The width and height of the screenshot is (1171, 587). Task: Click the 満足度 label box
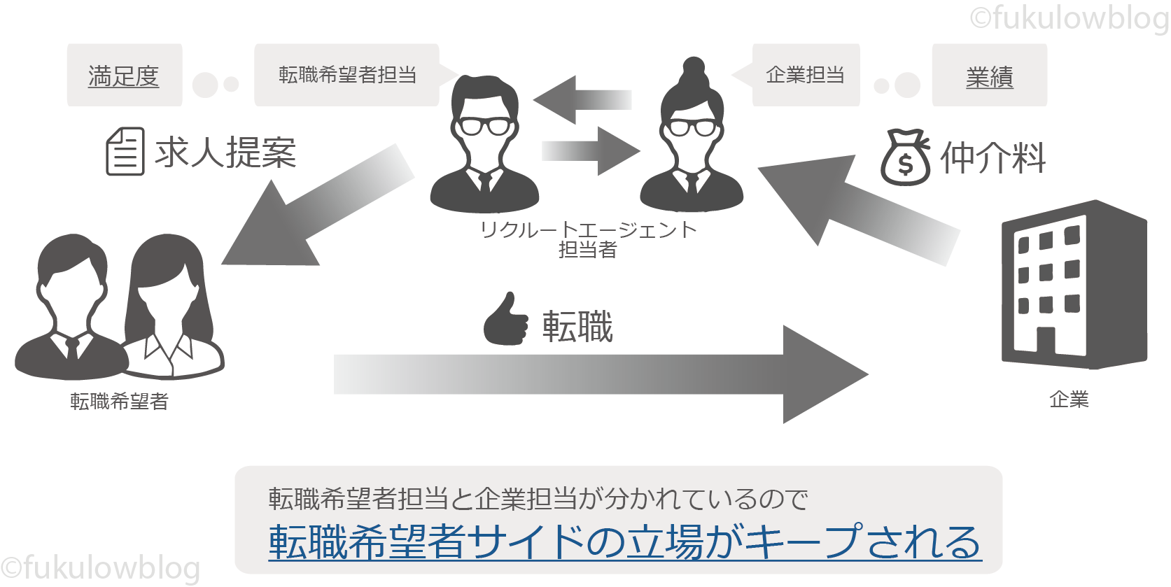124,76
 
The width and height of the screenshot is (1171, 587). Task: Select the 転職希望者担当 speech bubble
347,75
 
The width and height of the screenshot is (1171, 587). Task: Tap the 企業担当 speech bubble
805,75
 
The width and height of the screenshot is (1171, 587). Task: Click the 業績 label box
989,76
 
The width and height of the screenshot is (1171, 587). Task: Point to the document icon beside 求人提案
125,151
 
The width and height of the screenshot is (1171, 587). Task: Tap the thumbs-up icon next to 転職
505,320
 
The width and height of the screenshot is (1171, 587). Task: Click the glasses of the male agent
484,127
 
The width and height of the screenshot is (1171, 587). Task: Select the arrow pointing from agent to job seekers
315,210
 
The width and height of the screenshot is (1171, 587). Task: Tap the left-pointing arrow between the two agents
581,99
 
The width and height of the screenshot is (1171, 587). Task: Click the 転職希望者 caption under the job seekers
119,402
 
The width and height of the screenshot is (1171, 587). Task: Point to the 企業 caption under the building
1069,399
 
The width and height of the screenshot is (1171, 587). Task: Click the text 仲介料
993,158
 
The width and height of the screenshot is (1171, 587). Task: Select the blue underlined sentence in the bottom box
624,542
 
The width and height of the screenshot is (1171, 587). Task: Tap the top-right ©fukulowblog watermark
1069,17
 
